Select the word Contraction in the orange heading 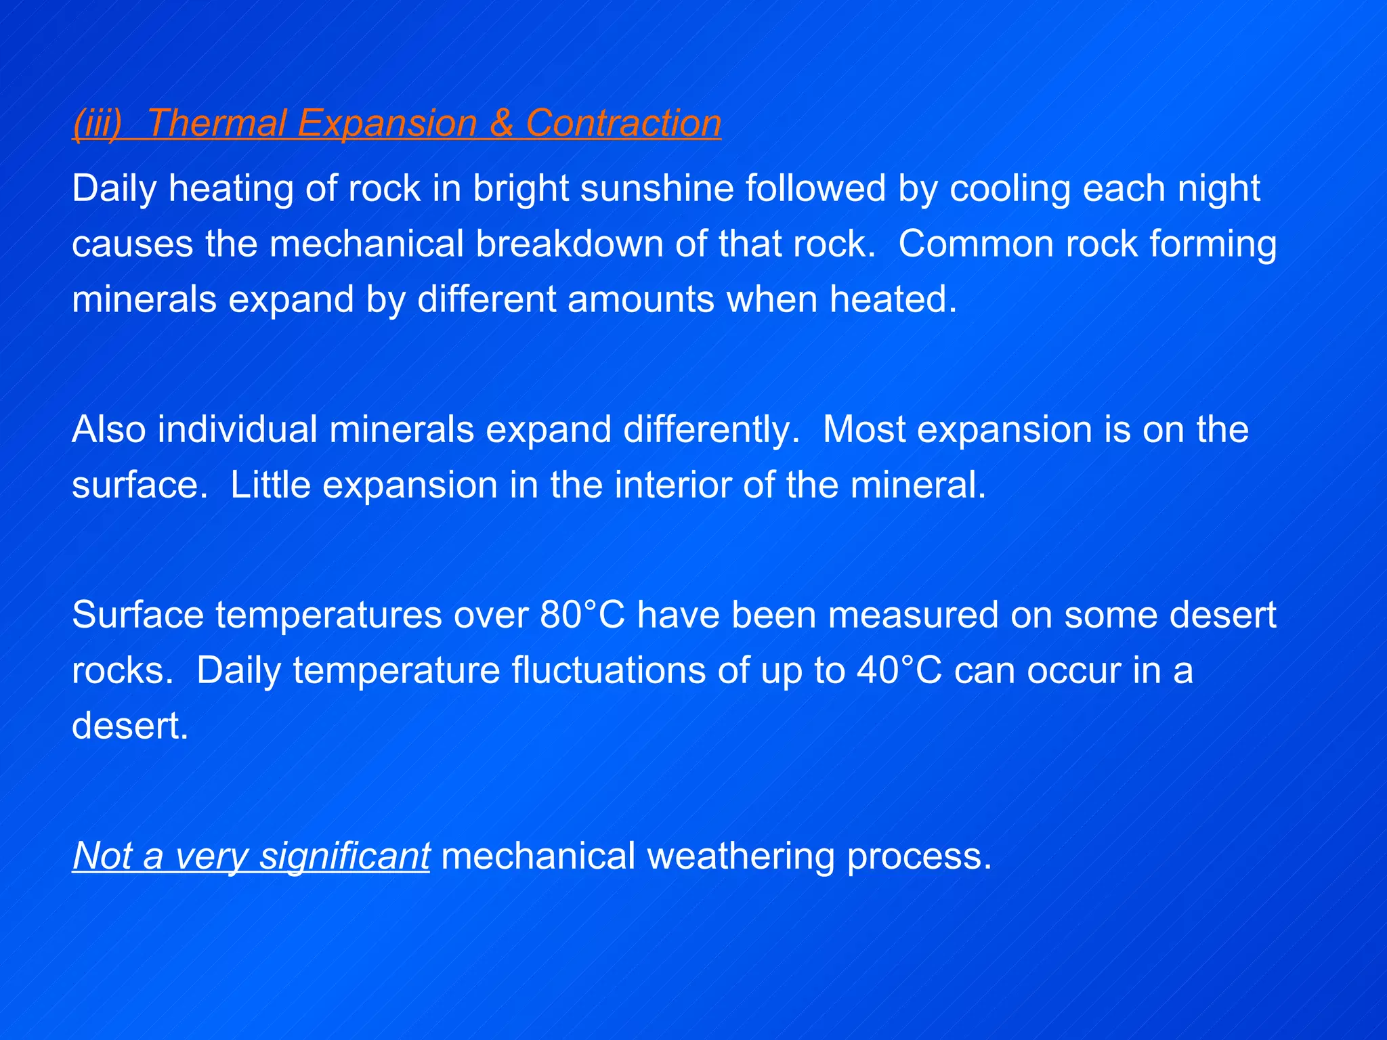623,124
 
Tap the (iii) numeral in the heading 98,124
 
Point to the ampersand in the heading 501,124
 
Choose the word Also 108,430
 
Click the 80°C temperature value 582,615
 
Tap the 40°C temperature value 899,671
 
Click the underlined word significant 345,857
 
